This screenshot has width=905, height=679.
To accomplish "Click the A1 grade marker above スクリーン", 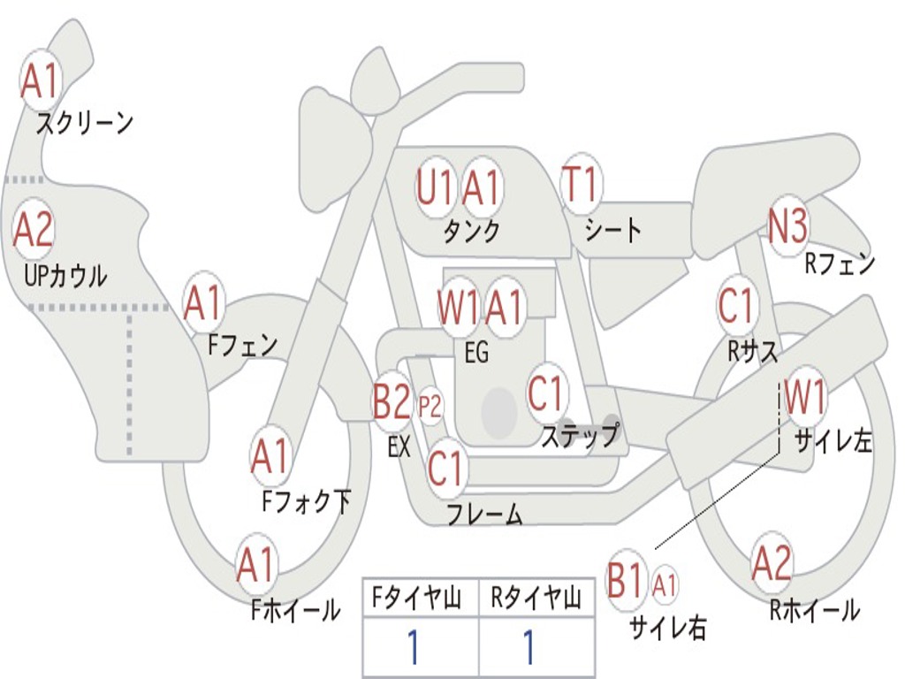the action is (x=39, y=80).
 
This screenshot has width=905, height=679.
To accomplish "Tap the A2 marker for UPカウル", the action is (x=34, y=230).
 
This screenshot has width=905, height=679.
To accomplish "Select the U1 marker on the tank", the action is (x=435, y=187).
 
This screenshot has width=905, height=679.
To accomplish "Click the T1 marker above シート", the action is (x=580, y=186).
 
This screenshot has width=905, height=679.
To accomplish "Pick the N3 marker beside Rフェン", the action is (x=787, y=227).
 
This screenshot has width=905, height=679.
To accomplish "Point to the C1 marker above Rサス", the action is (x=736, y=306).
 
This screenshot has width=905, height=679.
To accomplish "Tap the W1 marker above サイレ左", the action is (x=804, y=397).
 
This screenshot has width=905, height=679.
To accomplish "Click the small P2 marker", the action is (x=430, y=408).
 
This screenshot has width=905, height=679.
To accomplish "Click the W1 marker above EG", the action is (x=458, y=308).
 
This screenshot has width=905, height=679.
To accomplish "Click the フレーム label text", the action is (x=483, y=514).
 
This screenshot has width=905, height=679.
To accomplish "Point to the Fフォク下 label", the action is (x=306, y=502).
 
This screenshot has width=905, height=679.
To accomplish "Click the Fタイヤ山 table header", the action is (x=420, y=599).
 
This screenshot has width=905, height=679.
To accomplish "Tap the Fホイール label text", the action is (x=295, y=609).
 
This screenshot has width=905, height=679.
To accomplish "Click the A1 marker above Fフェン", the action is (x=204, y=303).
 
